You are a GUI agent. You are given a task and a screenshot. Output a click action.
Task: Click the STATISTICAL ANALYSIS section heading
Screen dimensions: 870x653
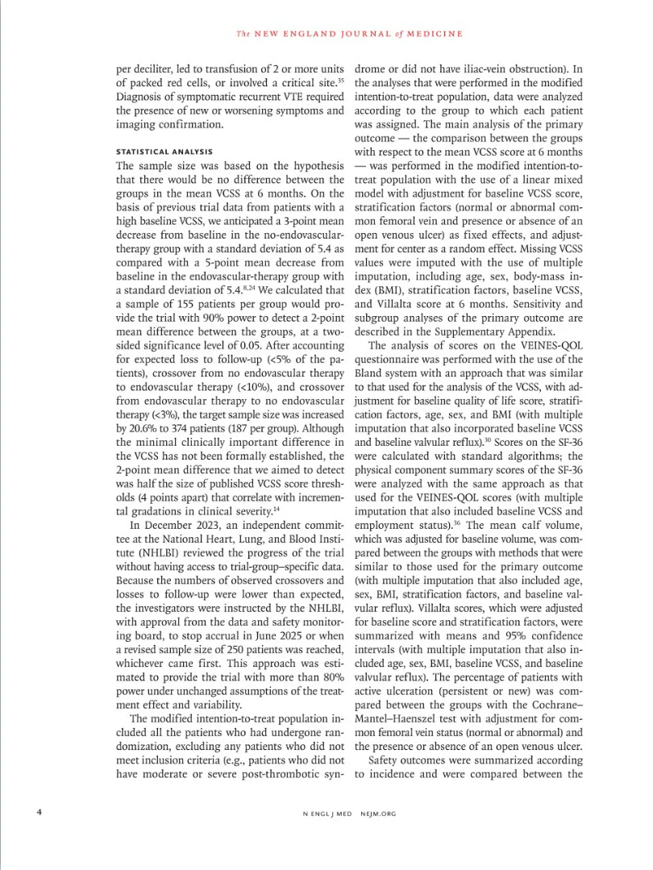click(164, 151)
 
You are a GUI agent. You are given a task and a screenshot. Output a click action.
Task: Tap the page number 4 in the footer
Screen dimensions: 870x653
click(40, 813)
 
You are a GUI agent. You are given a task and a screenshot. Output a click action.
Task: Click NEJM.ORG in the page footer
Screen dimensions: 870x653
click(378, 814)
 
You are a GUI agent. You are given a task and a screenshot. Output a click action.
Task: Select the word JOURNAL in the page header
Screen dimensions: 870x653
click(363, 34)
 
